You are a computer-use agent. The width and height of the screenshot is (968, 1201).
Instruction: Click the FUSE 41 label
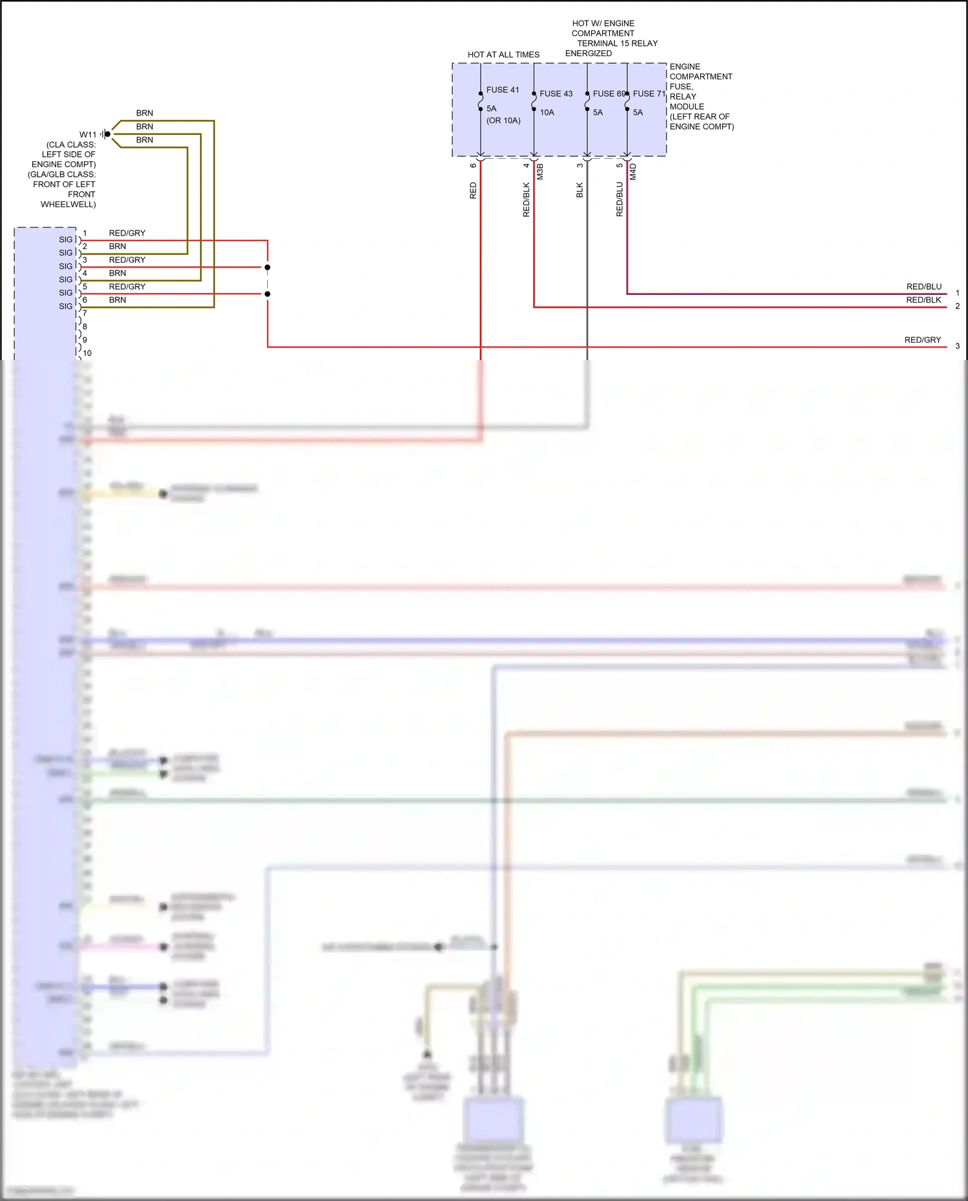502,90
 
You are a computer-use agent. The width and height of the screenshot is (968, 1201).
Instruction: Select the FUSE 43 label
556,94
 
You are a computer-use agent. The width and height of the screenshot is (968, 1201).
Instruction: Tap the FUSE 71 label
649,94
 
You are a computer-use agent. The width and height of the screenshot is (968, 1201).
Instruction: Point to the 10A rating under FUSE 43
547,112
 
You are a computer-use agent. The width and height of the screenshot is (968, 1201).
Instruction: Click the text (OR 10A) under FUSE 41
503,121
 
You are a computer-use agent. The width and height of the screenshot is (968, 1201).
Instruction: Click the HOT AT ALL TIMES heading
503,55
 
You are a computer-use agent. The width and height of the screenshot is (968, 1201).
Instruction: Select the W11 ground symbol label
88,135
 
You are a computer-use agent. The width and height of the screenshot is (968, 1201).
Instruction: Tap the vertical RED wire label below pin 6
473,190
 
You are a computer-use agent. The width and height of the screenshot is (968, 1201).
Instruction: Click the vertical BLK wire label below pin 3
580,190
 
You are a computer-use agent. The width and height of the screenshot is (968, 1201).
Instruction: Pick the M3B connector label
540,172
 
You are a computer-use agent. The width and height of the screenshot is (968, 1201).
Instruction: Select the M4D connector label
633,172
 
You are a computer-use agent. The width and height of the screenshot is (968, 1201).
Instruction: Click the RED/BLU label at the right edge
923,287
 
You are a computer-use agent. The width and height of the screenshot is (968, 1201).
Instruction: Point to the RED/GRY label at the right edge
922,339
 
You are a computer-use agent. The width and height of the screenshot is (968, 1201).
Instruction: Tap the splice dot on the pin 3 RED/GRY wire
267,267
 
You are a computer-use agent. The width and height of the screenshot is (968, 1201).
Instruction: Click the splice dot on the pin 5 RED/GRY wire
267,294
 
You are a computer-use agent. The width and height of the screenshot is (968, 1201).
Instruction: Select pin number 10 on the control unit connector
87,353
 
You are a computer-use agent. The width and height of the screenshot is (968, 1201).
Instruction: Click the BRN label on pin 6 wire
117,299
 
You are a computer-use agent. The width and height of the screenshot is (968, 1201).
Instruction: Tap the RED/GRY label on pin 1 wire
127,233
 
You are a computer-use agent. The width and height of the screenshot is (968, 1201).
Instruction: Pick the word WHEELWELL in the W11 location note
68,204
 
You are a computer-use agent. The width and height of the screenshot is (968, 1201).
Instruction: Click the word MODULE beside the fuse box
687,106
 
